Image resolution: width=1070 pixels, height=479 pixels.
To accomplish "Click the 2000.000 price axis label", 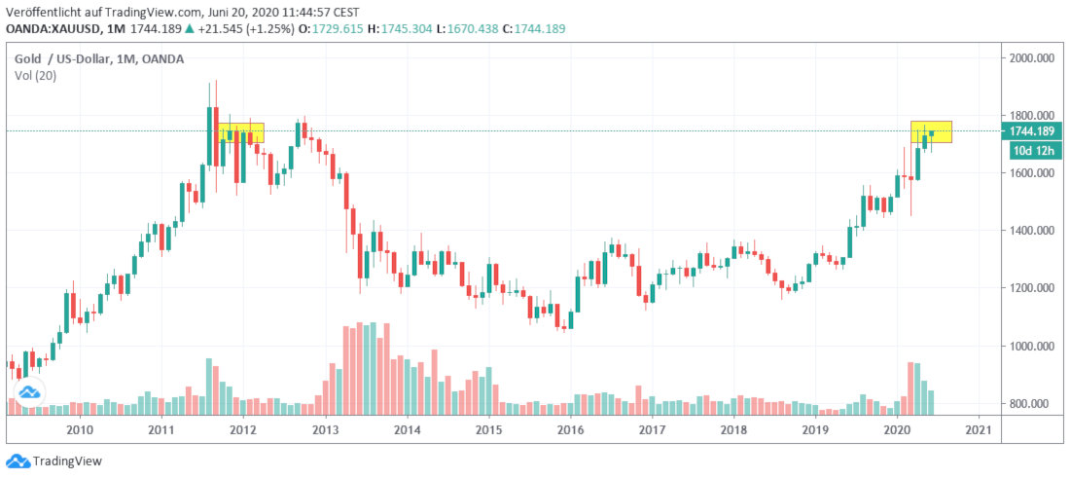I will click(x=1032, y=58).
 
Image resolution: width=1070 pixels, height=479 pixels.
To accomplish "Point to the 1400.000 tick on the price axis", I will click(x=1032, y=231).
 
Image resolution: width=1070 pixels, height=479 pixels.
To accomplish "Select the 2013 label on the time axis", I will click(x=325, y=429).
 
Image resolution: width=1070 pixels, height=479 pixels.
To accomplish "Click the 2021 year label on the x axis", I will click(x=979, y=429).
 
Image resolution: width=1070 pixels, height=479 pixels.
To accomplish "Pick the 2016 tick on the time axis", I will click(x=570, y=429).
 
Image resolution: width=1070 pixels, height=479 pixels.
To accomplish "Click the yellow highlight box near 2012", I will click(x=241, y=132).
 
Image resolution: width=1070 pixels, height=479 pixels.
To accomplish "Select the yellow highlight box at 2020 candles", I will click(x=931, y=131).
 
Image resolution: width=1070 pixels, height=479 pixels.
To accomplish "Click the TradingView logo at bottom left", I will click(x=54, y=461).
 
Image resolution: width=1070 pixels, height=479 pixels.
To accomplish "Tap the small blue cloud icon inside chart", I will click(x=28, y=392).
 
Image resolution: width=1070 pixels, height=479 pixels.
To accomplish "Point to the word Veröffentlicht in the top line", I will click(x=44, y=12).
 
